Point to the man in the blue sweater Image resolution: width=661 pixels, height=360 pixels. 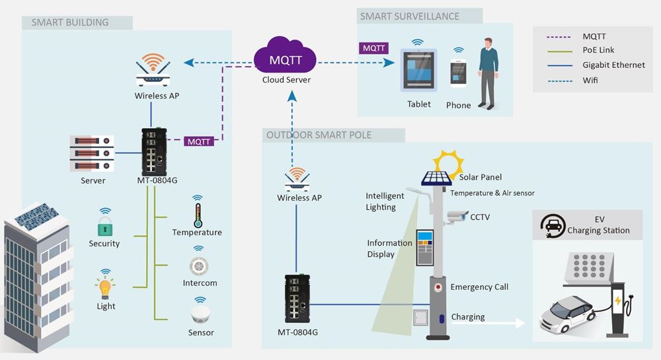pos(488,72)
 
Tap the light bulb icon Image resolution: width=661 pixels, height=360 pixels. pos(105,288)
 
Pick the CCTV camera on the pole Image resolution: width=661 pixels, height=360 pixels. pos(456,216)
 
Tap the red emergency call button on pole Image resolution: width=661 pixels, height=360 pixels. pos(437,288)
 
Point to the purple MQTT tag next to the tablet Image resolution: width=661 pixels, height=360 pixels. pos(373,48)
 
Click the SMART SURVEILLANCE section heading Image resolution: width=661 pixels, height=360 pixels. pos(409,17)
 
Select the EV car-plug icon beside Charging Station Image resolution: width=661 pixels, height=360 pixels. pos(551,225)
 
